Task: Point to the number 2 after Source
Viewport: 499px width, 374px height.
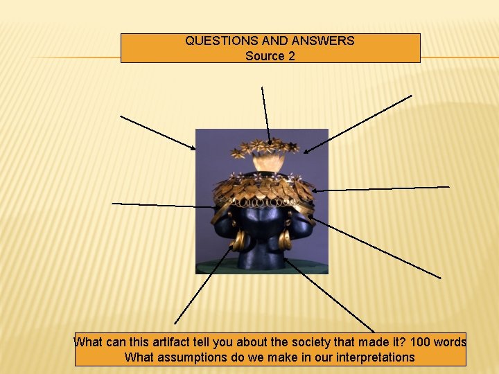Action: (291, 56)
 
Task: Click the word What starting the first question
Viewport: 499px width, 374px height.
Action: (89, 342)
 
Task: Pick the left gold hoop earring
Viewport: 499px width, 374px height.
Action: (239, 240)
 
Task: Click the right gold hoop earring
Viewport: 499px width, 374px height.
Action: (285, 240)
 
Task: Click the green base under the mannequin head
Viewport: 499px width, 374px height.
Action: (261, 267)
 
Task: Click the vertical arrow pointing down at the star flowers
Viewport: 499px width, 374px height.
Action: (265, 114)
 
